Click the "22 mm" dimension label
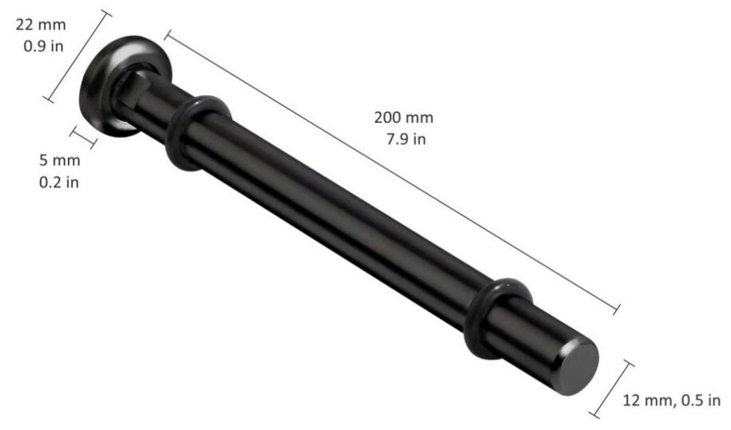click(41, 25)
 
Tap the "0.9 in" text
click(43, 46)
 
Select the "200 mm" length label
click(403, 117)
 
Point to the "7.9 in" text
click(406, 139)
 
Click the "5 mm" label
click(59, 160)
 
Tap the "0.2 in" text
click(59, 182)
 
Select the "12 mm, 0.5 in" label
click(672, 400)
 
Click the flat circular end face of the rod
click(578, 367)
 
